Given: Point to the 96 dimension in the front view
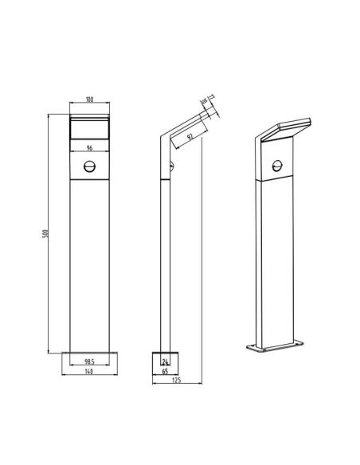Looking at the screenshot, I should click(89, 147).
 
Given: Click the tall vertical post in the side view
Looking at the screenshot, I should click(165, 255).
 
